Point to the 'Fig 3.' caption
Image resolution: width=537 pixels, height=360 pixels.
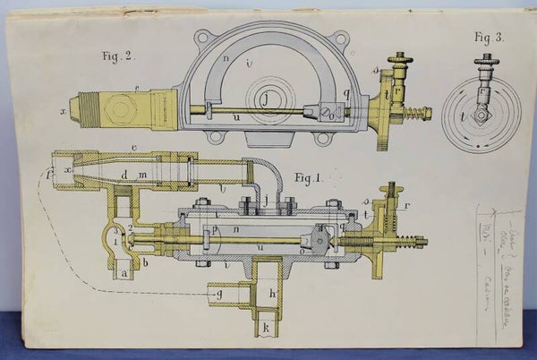(488, 38)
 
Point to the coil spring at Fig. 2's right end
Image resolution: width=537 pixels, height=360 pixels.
(413, 115)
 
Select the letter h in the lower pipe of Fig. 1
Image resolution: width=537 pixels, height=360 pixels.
(270, 294)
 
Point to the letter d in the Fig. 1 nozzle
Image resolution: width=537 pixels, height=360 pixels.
(125, 175)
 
